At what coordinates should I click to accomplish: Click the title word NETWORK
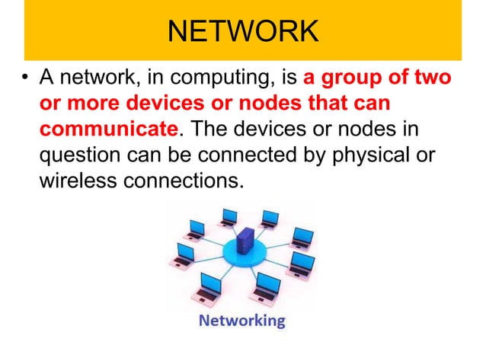[x=242, y=31]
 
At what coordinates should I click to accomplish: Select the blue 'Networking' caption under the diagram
[x=241, y=321]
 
